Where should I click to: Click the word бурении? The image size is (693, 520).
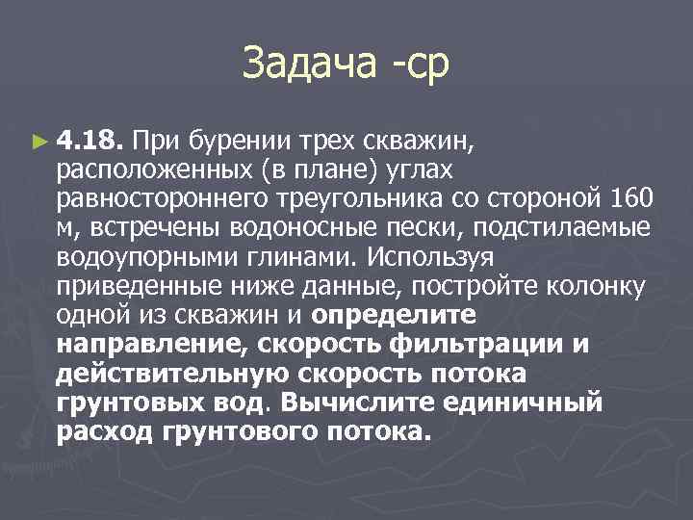(228, 143)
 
